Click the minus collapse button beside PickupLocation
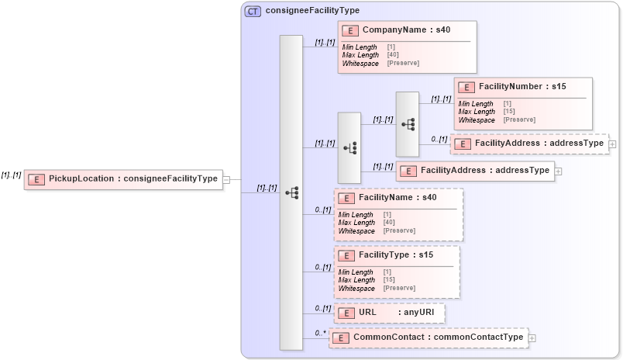click(226, 179)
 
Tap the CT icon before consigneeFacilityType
click(253, 11)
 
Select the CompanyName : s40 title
click(405, 30)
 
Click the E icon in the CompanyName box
click(349, 31)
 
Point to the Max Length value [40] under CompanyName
click(393, 55)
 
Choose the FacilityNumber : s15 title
click(522, 87)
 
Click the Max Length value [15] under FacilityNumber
click(509, 112)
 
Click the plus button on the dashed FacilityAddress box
click(613, 144)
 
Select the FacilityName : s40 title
click(398, 198)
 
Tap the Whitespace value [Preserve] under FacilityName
click(399, 230)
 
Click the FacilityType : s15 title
click(396, 254)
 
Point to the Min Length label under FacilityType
click(356, 272)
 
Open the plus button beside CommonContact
click(532, 338)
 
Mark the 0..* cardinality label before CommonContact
click(320, 334)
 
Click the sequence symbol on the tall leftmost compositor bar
click(291, 192)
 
